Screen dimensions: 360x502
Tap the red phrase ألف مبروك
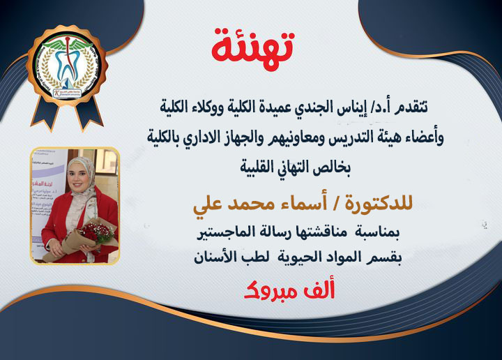tap(289, 288)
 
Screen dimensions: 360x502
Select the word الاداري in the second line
tap(204, 138)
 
